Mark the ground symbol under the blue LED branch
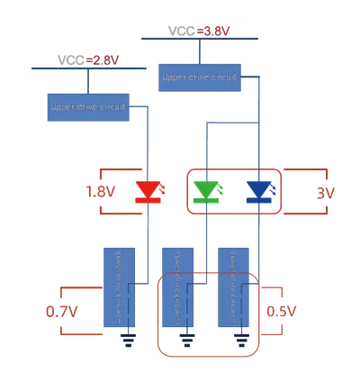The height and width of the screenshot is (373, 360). (242, 342)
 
